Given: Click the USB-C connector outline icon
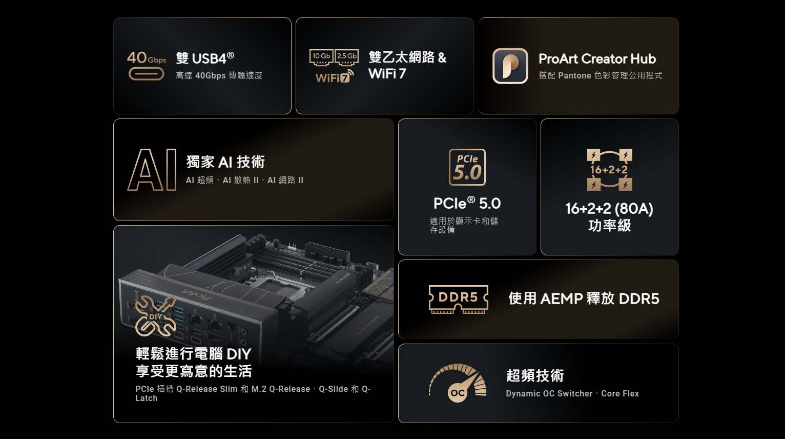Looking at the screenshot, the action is pos(146,74).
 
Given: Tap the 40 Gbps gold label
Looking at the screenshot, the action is pos(147,58).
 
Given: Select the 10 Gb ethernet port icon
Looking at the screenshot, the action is pos(321,57).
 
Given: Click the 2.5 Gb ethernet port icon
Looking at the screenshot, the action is pos(346,57).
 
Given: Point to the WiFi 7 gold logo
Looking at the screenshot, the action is pos(334,76).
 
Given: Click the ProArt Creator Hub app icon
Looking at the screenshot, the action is pos(510,66).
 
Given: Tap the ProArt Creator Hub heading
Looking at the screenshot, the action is pos(597,59).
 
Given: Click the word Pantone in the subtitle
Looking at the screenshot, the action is pos(574,75).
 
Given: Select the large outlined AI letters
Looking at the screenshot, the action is pos(152,170).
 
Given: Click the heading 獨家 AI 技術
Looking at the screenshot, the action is pos(225,162).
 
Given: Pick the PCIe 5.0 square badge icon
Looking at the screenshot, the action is pos(467,167).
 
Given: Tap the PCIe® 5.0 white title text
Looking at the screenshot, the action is pos(467,204).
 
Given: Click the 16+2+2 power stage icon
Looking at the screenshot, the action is pos(609,170).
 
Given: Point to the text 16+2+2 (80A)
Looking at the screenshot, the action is pos(609,209).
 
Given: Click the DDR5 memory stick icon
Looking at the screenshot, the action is pos(459,299).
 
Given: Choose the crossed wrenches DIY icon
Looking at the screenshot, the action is pos(156,316).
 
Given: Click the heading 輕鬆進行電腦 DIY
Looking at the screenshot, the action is pos(194,354).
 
